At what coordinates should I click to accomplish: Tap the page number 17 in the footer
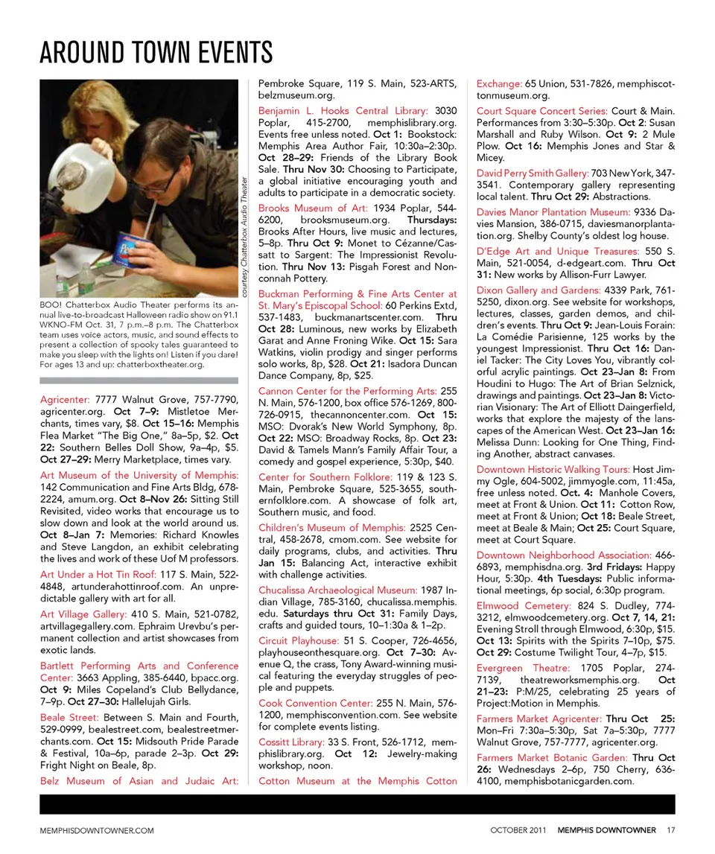(x=671, y=829)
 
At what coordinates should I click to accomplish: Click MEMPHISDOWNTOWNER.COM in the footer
(x=97, y=830)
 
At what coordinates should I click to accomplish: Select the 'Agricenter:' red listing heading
(x=65, y=400)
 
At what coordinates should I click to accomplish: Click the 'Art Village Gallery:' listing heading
(x=83, y=614)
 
